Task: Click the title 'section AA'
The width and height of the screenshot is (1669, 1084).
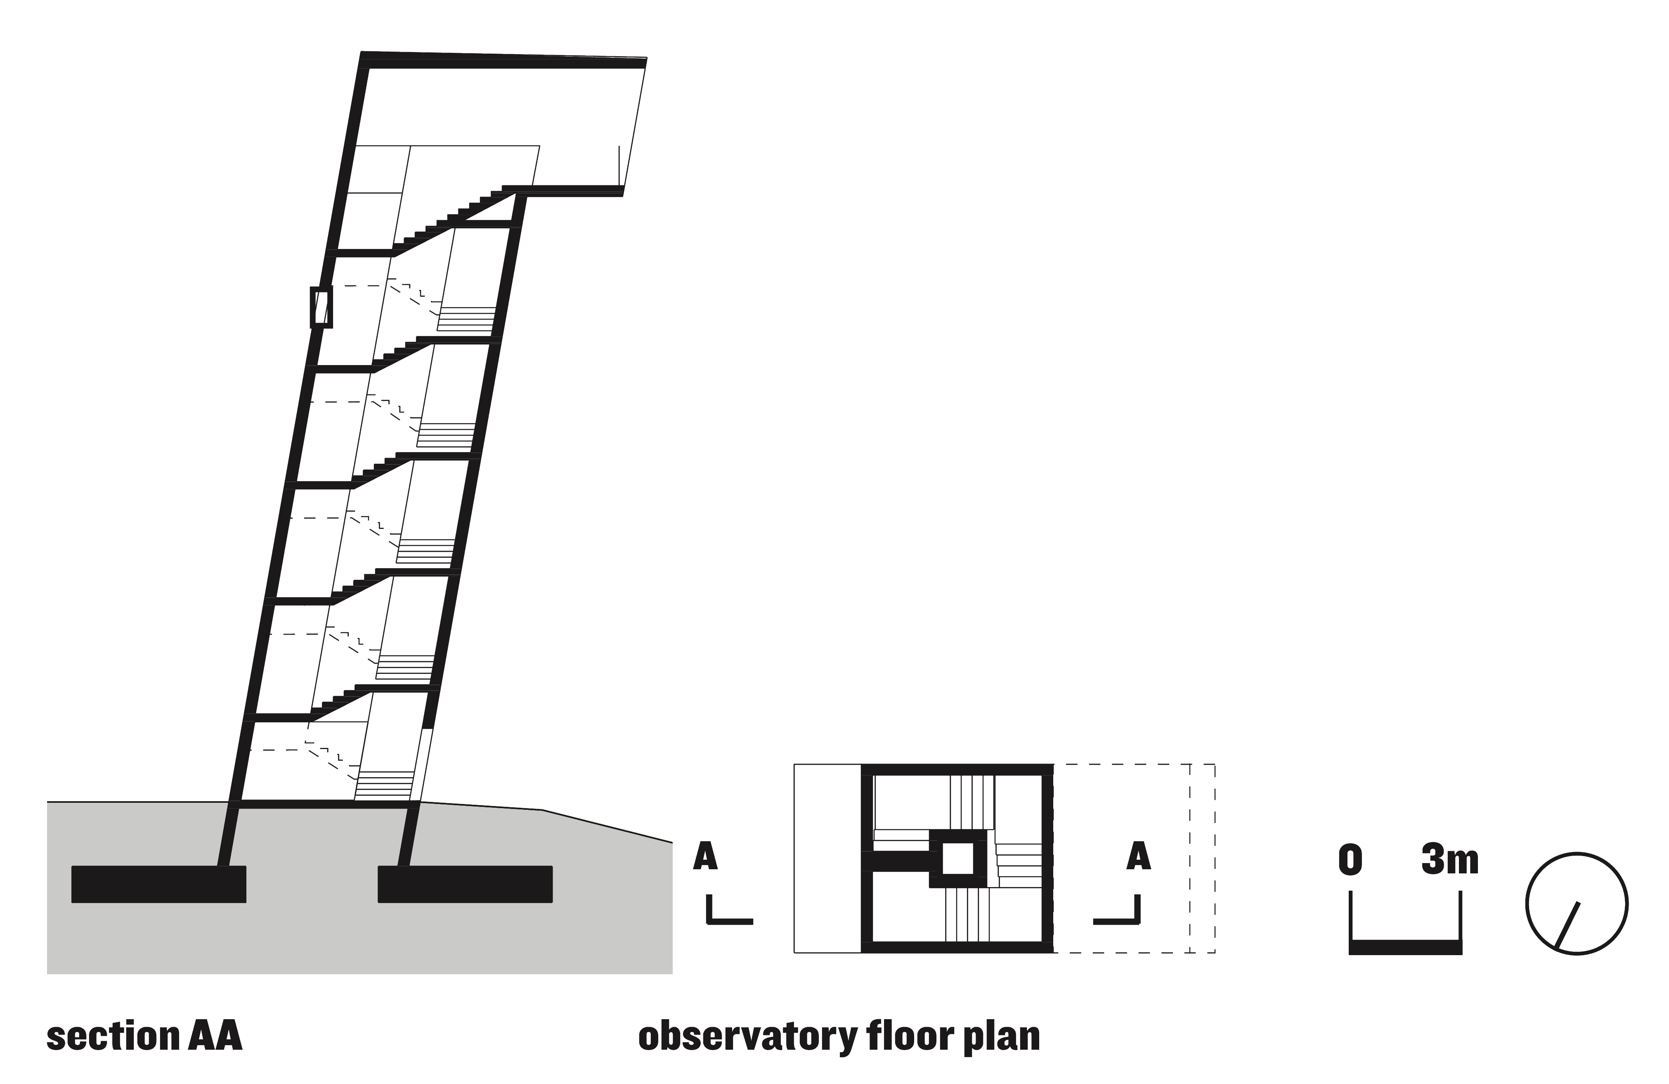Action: [144, 1037]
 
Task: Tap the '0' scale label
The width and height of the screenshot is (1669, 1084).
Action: [1350, 861]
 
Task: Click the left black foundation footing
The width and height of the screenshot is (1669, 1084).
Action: [158, 884]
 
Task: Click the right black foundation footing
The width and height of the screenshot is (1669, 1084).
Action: [465, 884]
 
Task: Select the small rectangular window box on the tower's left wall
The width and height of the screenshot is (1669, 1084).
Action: [321, 307]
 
